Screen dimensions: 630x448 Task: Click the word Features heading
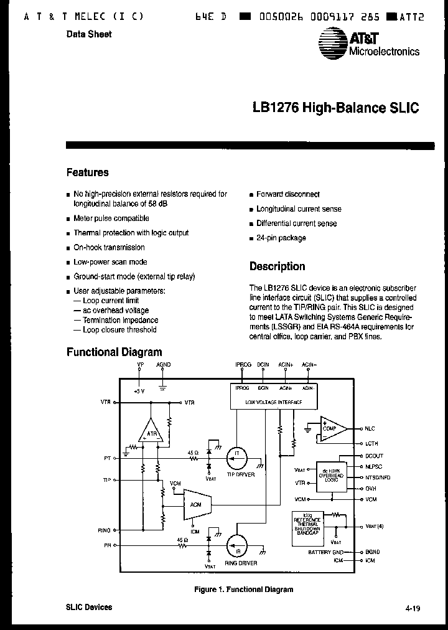pos(87,172)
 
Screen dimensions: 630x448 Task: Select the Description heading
pos(277,266)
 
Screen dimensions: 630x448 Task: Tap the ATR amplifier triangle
pos(150,431)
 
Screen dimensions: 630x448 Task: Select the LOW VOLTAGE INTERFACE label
pos(274,403)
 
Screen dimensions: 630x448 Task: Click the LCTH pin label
pos(371,443)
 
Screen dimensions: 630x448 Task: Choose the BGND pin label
pos(372,552)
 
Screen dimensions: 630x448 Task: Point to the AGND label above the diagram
pos(163,364)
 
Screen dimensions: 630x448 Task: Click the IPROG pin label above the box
pos(243,364)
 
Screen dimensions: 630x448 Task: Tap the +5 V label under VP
pos(139,391)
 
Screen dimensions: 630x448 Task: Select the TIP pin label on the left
pos(106,480)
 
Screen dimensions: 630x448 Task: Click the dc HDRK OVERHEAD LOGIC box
pos(330,474)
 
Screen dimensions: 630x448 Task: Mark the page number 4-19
pos(411,608)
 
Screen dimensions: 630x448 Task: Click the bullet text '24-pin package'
pos(281,238)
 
